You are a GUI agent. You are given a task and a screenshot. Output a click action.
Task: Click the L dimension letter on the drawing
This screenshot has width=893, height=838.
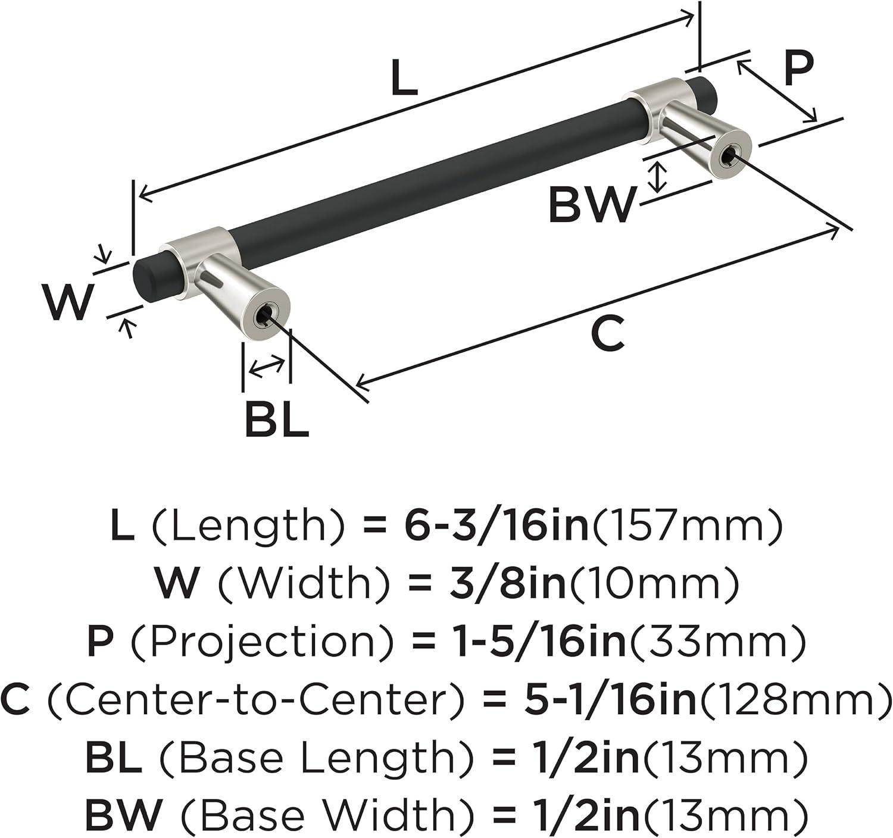pos(404,78)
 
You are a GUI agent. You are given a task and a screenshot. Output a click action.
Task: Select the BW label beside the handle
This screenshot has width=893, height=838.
pos(592,205)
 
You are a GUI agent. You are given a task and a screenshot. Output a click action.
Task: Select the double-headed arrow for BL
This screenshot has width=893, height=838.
pos(267,367)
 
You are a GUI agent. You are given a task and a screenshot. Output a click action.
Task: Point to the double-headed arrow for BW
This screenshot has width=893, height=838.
pos(658,177)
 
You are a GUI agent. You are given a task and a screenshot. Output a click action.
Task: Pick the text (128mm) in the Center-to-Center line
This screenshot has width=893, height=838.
pos(796,699)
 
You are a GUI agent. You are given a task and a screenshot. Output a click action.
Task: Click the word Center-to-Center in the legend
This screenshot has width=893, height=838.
pos(255,699)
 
